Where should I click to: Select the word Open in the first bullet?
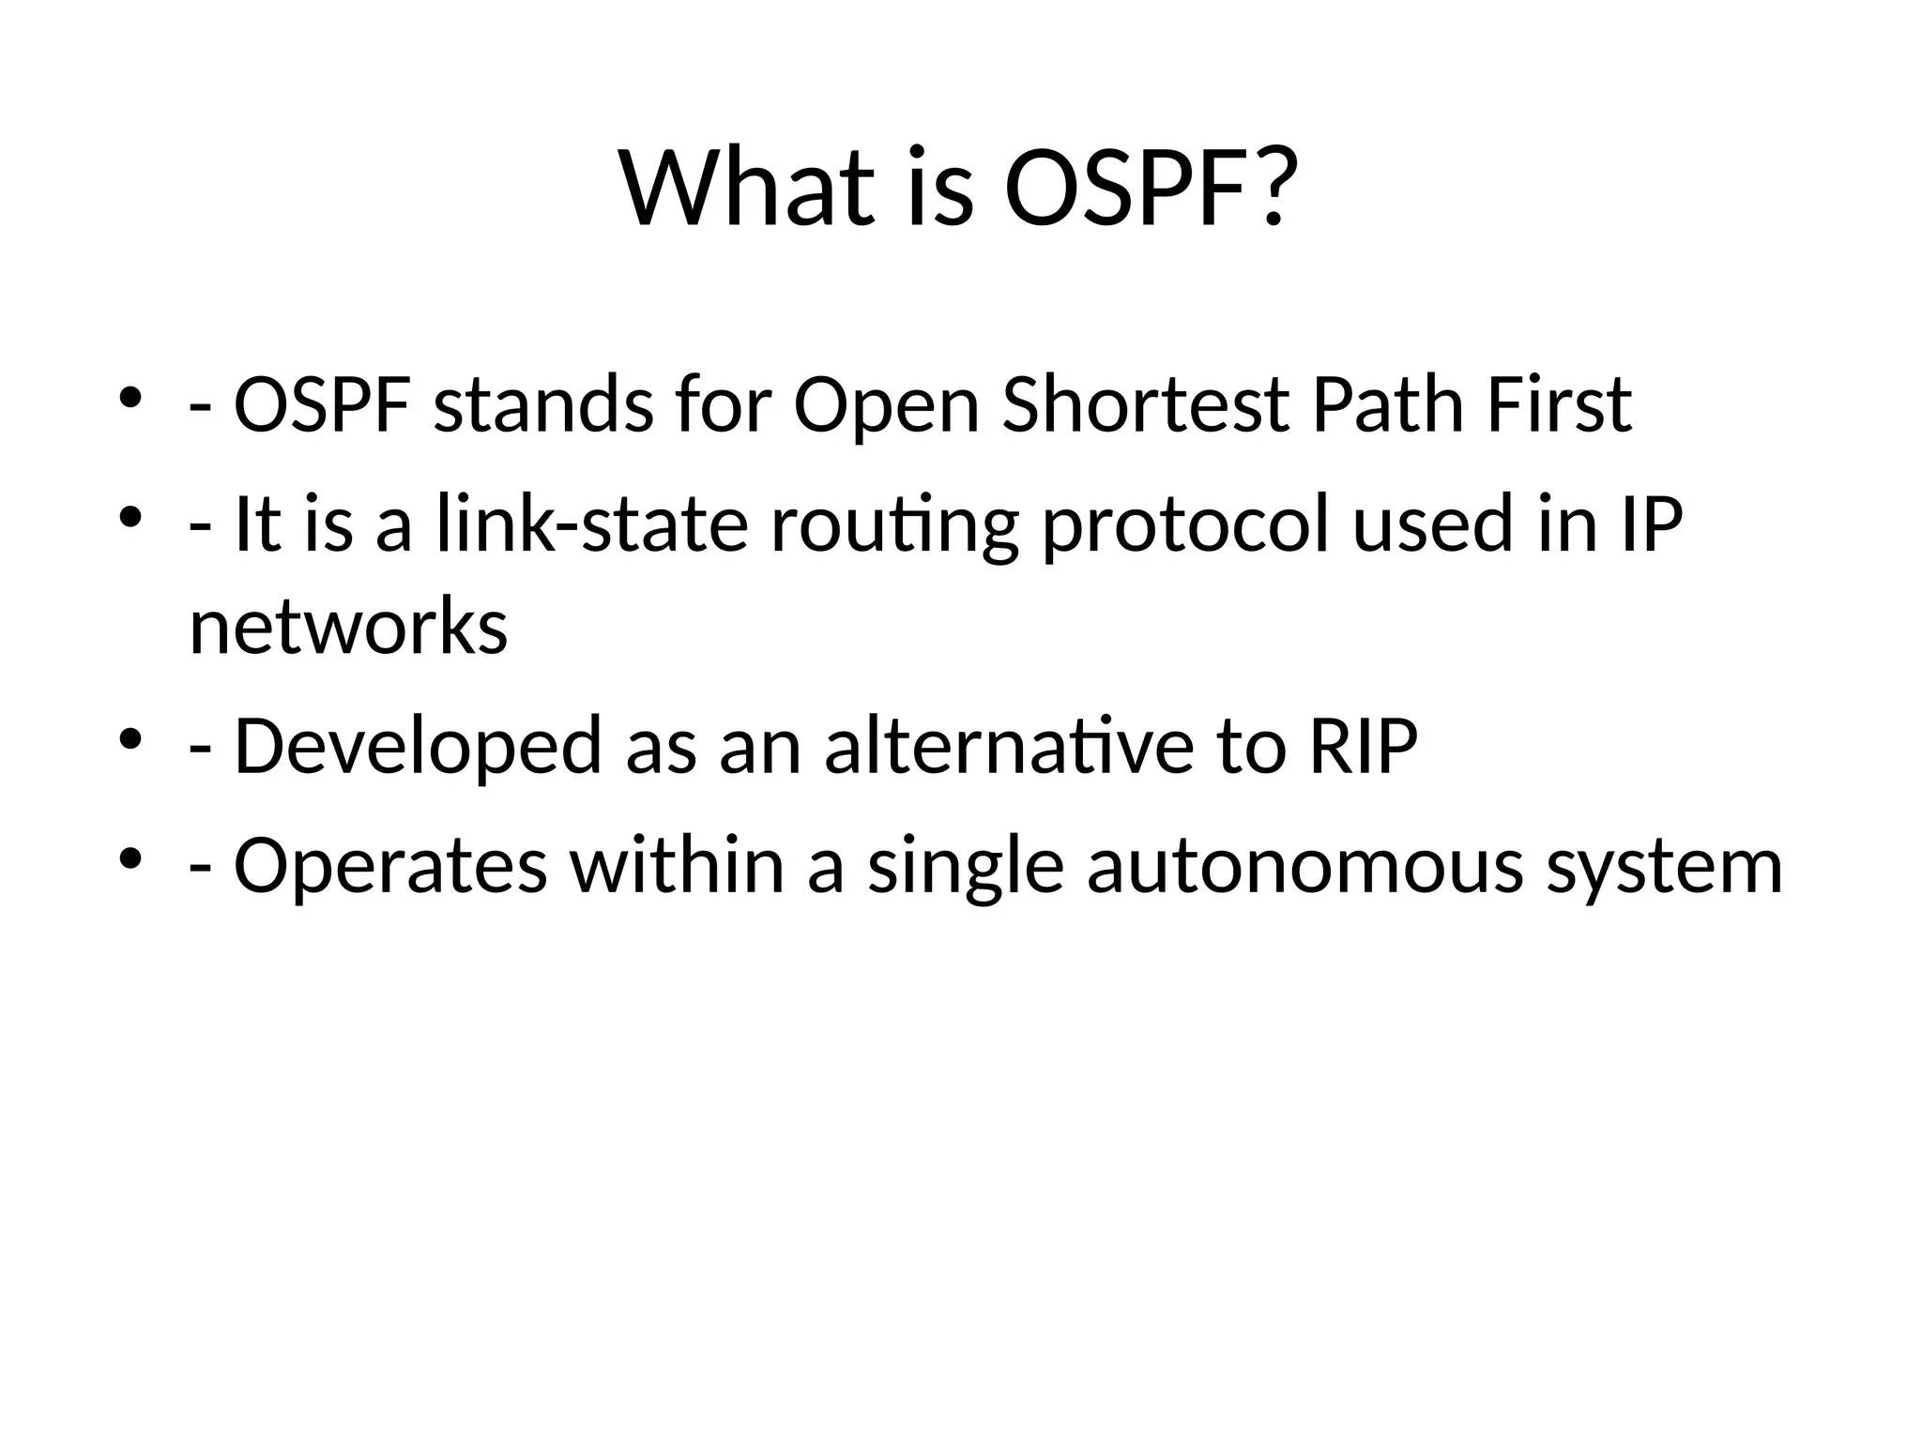(886, 405)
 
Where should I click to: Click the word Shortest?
(1145, 405)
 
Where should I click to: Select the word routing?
(894, 525)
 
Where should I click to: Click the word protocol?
(1186, 525)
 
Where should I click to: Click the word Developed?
(417, 747)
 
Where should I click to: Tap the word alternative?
(1009, 747)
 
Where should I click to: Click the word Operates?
(389, 867)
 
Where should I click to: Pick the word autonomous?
(1304, 867)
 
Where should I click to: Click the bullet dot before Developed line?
(130, 738)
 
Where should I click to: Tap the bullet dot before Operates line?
(130, 857)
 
